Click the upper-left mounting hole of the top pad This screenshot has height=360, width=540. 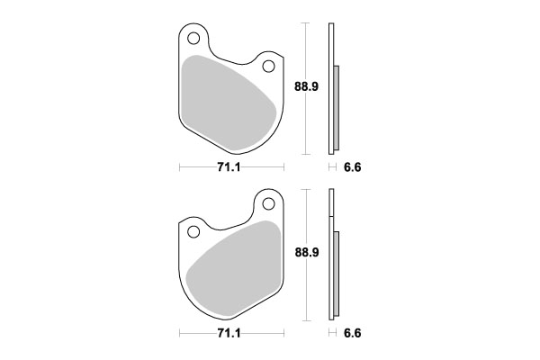tap(192, 39)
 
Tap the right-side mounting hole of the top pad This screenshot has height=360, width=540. tap(267, 67)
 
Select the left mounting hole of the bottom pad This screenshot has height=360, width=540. tap(193, 233)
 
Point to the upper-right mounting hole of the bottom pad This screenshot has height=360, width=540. tap(267, 205)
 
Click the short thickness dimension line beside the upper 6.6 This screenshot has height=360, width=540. tap(333, 168)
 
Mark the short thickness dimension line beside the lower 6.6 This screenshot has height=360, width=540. tap(333, 333)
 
